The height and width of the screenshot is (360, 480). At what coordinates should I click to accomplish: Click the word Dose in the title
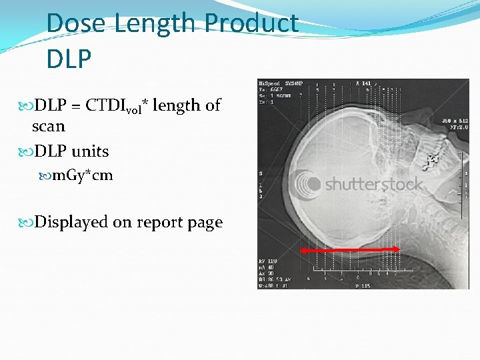tap(77, 23)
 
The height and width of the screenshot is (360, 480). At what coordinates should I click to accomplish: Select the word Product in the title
tap(251, 23)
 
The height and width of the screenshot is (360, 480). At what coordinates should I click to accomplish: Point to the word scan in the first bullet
tap(49, 126)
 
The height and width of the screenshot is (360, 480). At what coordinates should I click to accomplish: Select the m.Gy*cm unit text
tap(83, 175)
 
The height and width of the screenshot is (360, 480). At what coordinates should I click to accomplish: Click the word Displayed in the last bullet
tap(71, 222)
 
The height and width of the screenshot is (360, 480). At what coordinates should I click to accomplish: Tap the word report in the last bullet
tap(156, 223)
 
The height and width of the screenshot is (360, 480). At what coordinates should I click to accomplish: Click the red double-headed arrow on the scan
tap(350, 249)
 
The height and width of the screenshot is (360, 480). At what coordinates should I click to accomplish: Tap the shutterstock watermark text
tap(374, 184)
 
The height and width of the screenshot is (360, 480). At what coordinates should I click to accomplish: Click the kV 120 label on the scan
tap(268, 261)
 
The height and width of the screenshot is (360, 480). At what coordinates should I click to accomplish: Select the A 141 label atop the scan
tap(365, 83)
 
